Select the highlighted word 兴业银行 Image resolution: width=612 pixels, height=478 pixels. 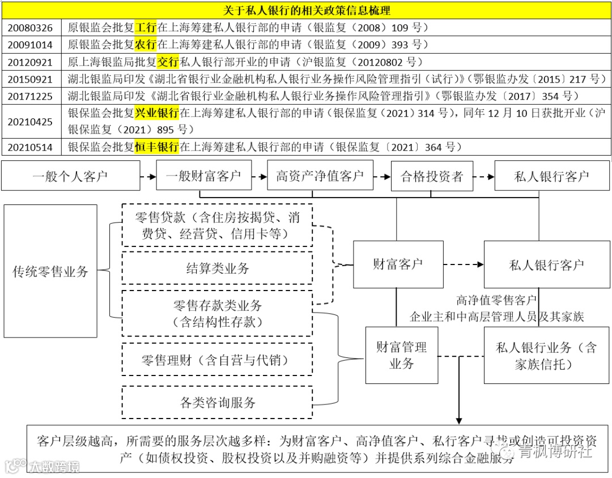[157, 113]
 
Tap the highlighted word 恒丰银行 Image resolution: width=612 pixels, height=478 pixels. [157, 147]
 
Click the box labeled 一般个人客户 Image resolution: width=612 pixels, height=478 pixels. [70, 176]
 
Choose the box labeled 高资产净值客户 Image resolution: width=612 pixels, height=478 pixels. [320, 176]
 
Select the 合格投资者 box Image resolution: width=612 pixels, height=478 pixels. [432, 177]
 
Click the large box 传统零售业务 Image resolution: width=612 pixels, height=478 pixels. [50, 271]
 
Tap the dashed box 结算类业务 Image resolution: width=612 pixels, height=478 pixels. [218, 268]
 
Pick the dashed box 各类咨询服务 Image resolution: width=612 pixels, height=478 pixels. [218, 403]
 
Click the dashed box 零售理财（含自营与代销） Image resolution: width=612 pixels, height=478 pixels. [218, 360]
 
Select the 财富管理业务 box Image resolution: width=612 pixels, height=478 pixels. [401, 355]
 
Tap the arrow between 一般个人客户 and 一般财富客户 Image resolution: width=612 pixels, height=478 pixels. [148, 176]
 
